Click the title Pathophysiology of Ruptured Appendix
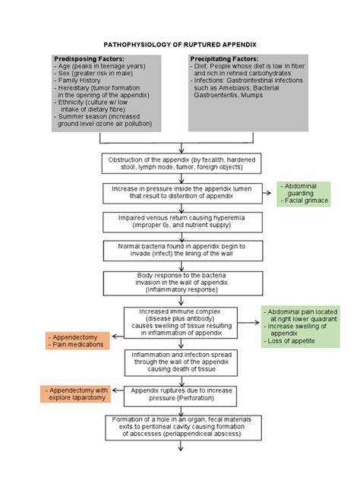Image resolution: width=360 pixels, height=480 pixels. (180, 45)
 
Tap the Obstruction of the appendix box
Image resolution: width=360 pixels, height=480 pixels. (180, 164)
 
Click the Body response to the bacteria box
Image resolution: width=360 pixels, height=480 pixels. (180, 283)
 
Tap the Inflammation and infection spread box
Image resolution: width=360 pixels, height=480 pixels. (180, 363)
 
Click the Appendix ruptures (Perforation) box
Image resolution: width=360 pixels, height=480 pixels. (180, 393)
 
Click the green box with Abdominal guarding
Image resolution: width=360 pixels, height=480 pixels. (303, 193)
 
